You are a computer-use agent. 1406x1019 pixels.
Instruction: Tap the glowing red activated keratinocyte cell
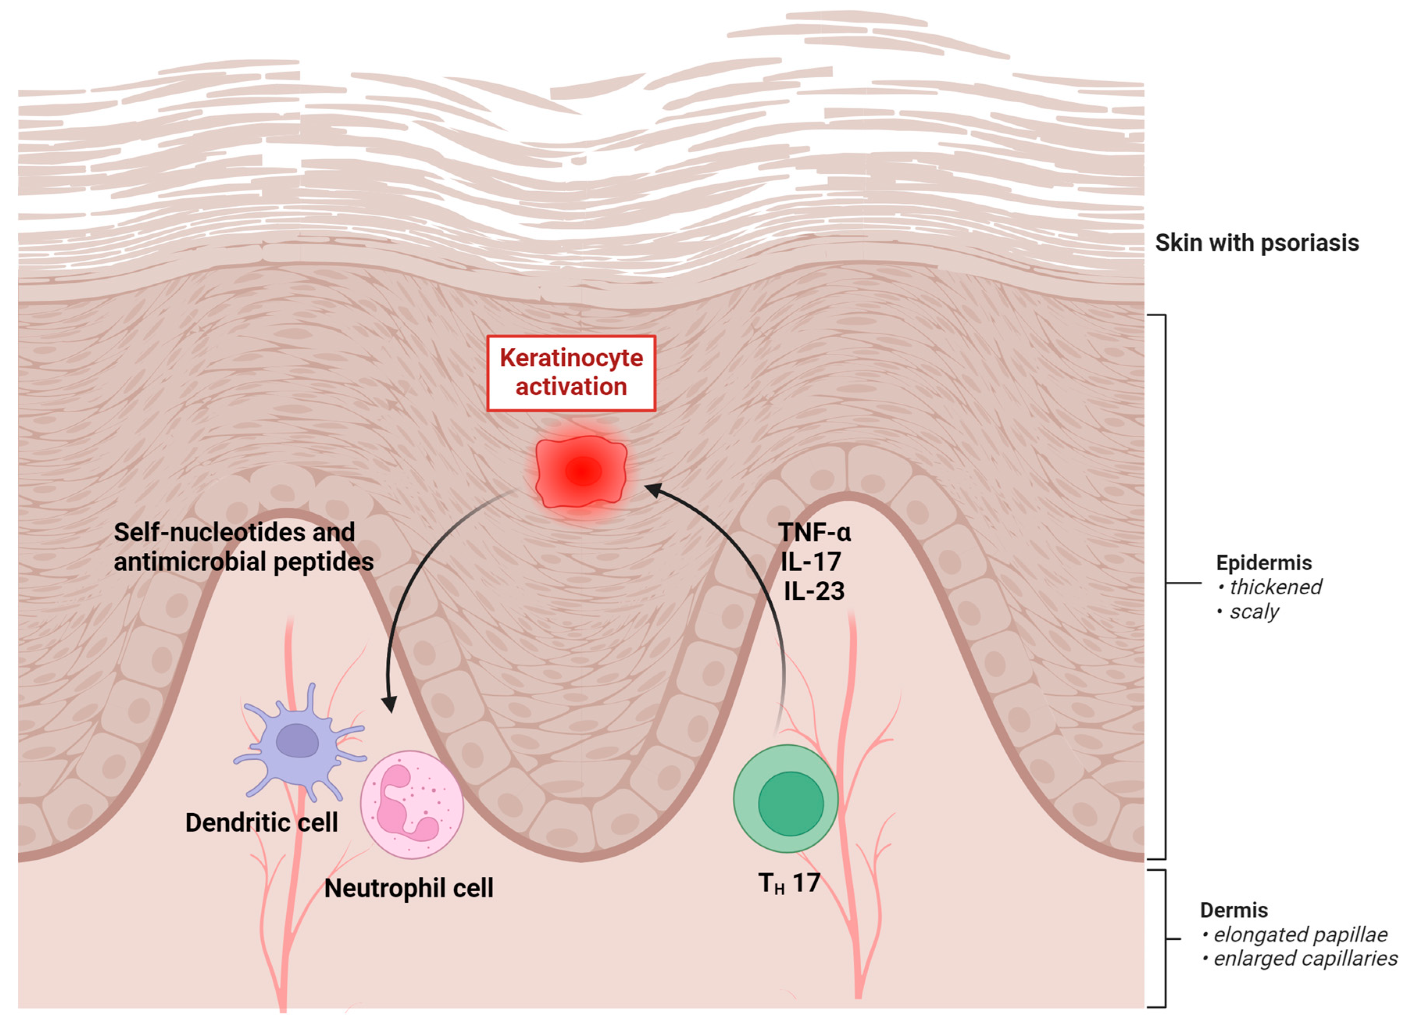click(581, 471)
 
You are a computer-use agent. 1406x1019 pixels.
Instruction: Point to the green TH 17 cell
click(785, 798)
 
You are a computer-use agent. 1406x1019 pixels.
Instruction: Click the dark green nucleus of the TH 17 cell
click(790, 803)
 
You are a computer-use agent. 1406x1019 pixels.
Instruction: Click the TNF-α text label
click(814, 532)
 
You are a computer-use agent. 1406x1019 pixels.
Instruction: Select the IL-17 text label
click(810, 561)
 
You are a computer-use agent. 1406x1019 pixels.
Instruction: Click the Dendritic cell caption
click(262, 823)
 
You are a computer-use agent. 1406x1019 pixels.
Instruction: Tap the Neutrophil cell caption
click(409, 888)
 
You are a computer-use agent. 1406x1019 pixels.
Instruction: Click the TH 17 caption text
click(789, 883)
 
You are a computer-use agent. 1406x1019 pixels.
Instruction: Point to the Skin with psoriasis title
click(1256, 242)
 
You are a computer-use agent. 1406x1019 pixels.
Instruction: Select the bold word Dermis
click(1234, 910)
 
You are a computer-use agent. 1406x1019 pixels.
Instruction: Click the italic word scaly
click(1254, 612)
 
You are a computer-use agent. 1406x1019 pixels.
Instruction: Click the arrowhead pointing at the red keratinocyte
click(653, 490)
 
